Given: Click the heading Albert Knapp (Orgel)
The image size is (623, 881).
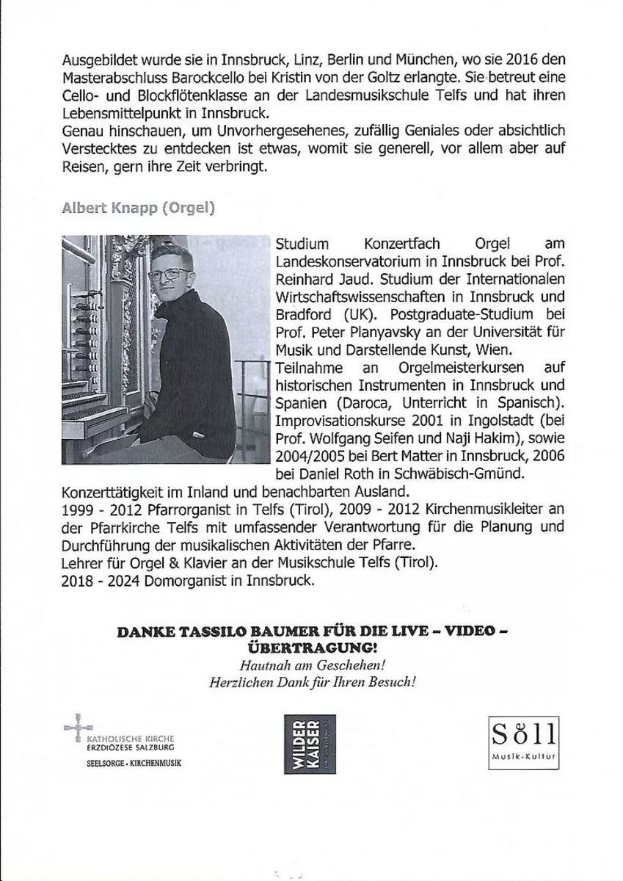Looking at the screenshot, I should pos(138,207).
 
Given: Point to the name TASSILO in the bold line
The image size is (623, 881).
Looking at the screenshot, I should pos(205,633).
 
